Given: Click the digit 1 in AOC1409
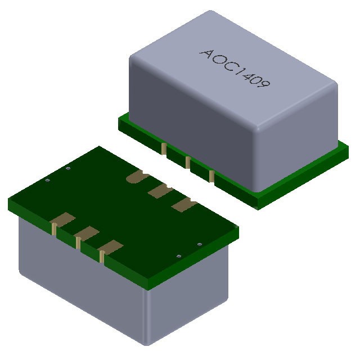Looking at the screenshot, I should [x=236, y=70].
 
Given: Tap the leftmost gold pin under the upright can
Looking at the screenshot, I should [x=164, y=148].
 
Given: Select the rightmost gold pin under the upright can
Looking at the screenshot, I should [x=211, y=175].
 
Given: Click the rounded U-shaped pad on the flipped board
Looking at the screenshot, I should [x=136, y=178].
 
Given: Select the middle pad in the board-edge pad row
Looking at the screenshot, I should [x=86, y=234].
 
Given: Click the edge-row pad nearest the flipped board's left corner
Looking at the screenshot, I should [x=64, y=220].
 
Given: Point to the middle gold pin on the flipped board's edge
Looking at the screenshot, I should [x=78, y=244].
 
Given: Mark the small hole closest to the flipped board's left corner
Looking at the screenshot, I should [x=48, y=181].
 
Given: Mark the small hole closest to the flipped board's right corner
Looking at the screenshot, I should [x=200, y=244].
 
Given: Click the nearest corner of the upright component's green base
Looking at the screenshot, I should [x=259, y=205].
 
